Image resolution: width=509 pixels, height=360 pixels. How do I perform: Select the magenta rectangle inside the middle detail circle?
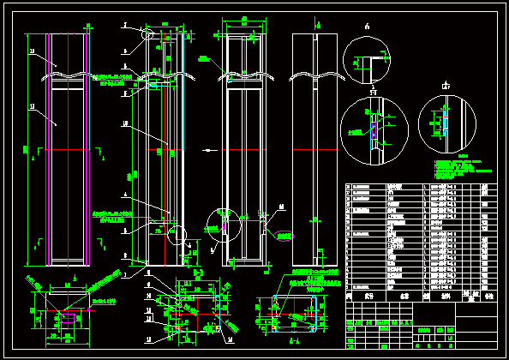(x=374, y=129)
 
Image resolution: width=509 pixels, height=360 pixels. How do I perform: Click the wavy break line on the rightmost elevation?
(x=316, y=76)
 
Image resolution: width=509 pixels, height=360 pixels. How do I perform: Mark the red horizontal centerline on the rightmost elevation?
(x=316, y=149)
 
